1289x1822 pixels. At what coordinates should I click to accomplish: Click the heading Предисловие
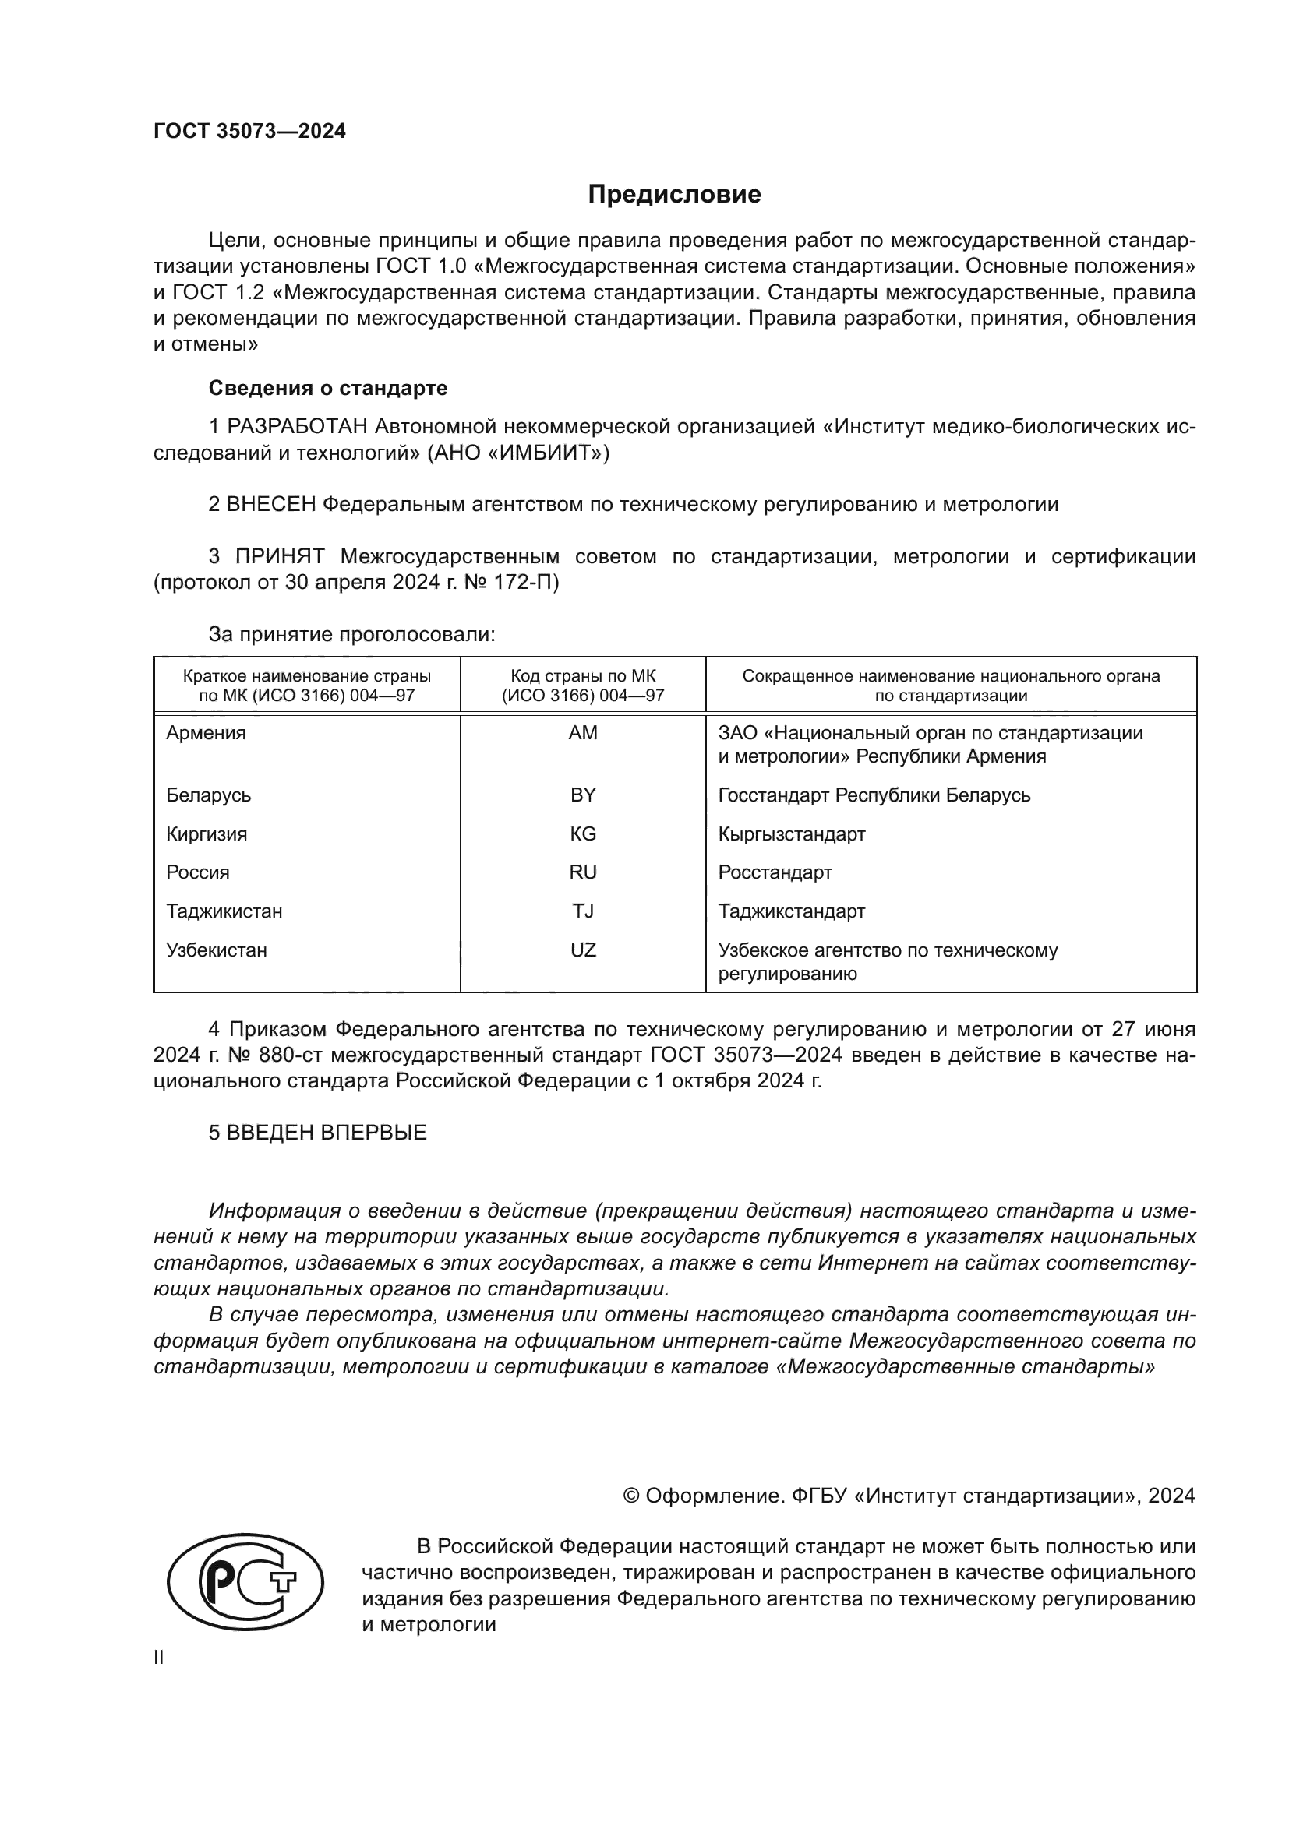[x=674, y=195]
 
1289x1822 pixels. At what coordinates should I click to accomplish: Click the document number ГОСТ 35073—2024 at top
[x=249, y=132]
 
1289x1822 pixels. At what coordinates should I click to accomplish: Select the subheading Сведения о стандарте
[x=328, y=388]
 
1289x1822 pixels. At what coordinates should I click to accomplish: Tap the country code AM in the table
[x=583, y=733]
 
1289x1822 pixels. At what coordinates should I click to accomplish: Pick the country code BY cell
[x=583, y=795]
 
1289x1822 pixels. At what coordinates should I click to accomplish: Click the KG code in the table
[x=583, y=834]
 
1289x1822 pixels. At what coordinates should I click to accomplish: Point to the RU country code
[x=583, y=872]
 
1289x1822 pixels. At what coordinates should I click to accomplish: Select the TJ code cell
[x=583, y=911]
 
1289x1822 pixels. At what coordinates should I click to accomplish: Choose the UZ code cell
[x=583, y=950]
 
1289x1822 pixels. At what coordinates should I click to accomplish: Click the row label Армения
[x=206, y=733]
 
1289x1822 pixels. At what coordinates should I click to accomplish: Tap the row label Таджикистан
[x=224, y=911]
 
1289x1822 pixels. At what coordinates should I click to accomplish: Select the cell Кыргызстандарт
[x=791, y=834]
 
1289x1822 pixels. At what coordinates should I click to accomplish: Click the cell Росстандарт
[x=775, y=872]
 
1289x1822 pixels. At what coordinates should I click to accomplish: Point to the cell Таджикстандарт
[x=791, y=911]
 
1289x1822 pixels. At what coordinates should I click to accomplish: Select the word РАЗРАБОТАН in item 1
[x=297, y=427]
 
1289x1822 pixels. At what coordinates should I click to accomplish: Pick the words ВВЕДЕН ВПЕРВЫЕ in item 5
[x=327, y=1133]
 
